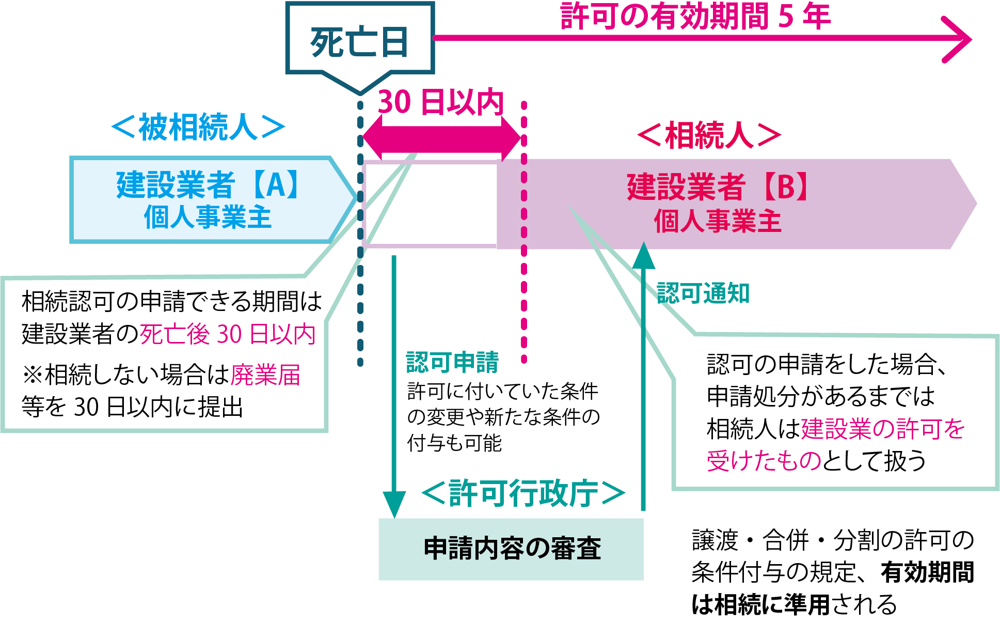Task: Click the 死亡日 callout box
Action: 359,41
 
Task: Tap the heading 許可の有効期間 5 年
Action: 695,17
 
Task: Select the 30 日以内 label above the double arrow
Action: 440,102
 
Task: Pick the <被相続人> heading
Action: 198,127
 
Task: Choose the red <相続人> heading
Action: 709,135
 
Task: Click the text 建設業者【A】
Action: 208,185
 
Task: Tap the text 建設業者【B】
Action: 718,187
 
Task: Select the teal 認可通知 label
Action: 703,293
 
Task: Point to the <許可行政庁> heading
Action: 523,493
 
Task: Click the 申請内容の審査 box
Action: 511,549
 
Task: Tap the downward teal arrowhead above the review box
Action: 394,504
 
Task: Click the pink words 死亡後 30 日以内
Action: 227,334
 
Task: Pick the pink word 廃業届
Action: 265,375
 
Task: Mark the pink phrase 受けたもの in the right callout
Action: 764,460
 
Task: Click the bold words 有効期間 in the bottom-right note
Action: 927,572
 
